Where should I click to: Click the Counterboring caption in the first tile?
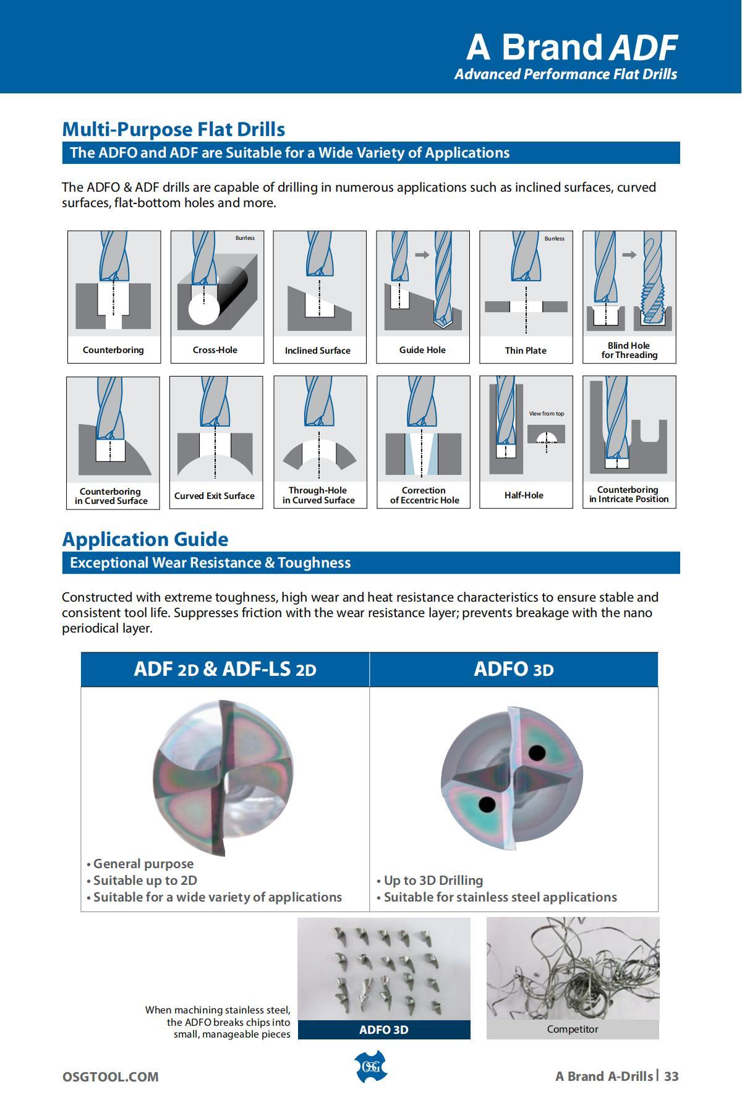(113, 350)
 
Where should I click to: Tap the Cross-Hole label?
(215, 350)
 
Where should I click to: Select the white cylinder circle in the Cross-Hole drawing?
(203, 309)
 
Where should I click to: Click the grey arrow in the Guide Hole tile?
(422, 254)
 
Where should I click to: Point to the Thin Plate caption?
(526, 351)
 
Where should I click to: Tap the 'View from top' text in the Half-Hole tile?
(547, 414)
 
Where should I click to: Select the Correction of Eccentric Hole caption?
(424, 495)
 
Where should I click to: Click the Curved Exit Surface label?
(215, 496)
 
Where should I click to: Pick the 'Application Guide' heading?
(145, 539)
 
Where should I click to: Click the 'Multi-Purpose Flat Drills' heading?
(174, 129)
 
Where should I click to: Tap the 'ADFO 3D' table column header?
(514, 670)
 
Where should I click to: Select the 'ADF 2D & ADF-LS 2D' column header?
(225, 670)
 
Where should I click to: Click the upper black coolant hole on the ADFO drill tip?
(537, 753)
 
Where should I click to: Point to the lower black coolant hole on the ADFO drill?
(487, 805)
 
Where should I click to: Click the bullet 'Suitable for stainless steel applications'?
(500, 897)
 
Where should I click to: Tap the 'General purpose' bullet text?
(143, 864)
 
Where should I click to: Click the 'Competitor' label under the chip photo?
(573, 1030)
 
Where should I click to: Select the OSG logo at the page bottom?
(371, 1067)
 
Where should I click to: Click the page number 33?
(672, 1077)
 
